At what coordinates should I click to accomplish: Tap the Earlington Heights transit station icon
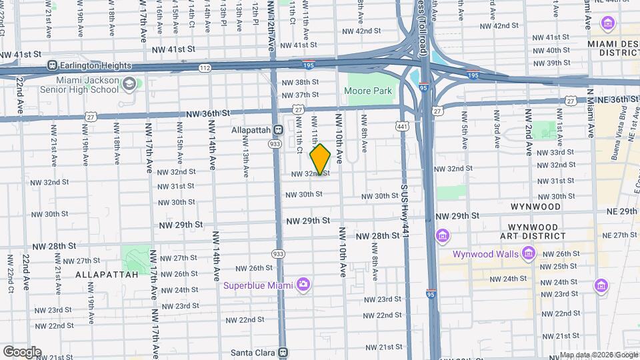pos(52,66)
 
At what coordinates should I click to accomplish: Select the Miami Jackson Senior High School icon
pos(129,84)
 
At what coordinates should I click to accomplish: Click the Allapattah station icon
pos(279,130)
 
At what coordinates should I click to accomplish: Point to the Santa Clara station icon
pos(283,352)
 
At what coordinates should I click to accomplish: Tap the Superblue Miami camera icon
pos(303,285)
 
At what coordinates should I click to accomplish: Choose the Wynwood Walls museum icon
pos(529,253)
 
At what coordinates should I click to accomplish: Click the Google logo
pos(22,351)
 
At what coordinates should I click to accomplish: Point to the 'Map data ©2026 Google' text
pos(598,355)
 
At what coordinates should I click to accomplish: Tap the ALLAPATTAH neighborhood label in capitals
pos(107,274)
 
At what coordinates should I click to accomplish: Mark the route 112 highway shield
pos(205,68)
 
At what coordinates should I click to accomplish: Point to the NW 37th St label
pos(300,95)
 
